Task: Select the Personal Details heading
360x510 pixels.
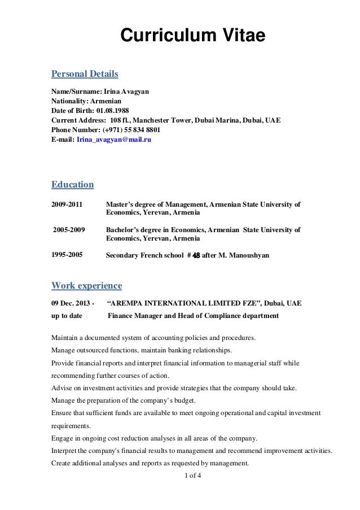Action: pyautogui.click(x=85, y=74)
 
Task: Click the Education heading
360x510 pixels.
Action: pyautogui.click(x=72, y=184)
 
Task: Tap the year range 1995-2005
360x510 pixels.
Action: pyautogui.click(x=67, y=255)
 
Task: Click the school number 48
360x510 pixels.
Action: pyautogui.click(x=196, y=255)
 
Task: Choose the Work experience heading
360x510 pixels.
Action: pyautogui.click(x=86, y=284)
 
